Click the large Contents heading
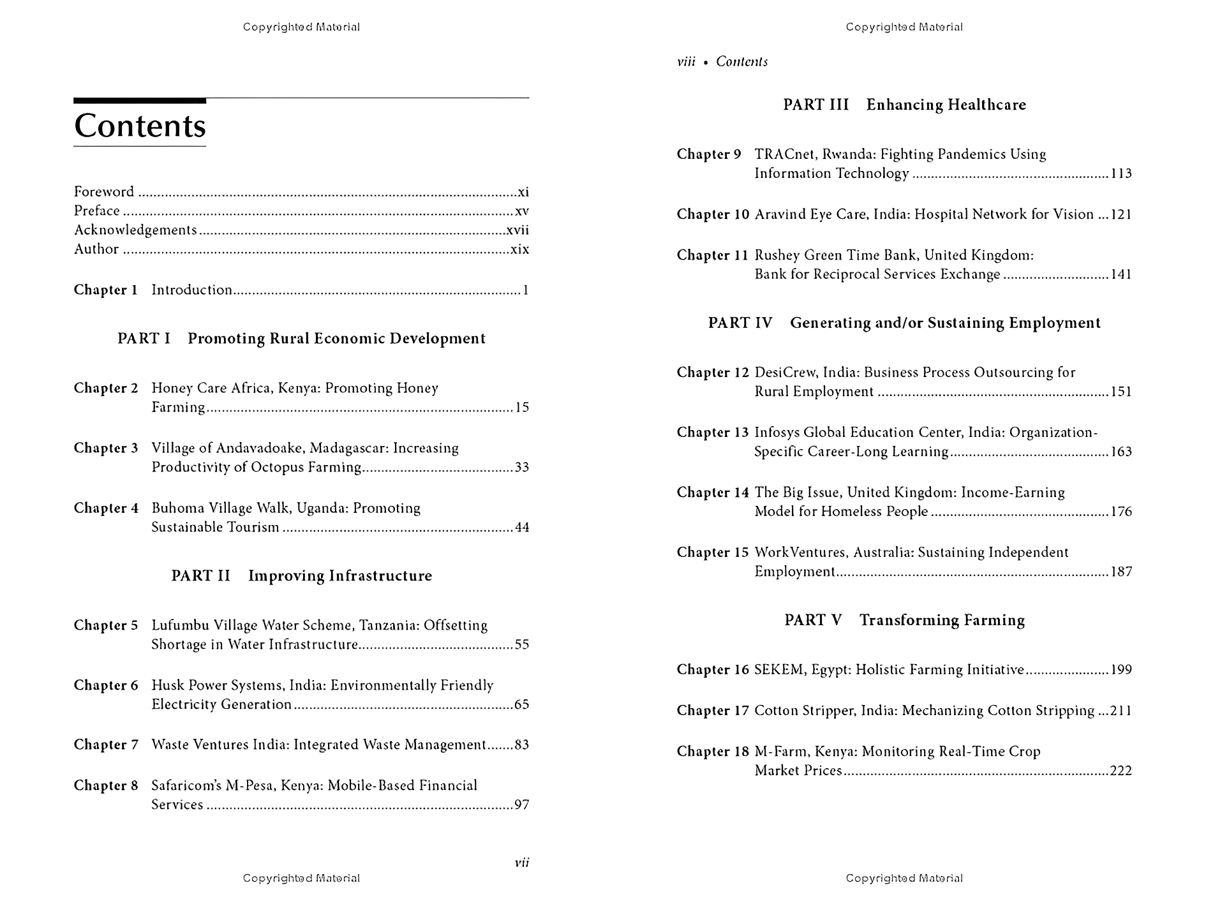coord(140,126)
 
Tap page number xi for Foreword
coord(523,192)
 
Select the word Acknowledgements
coord(135,230)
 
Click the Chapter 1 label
coord(106,290)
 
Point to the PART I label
coord(144,339)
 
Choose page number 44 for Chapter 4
coord(522,528)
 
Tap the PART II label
coord(201,576)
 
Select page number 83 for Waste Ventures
coord(522,745)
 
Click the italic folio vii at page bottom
coord(522,863)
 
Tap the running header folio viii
coord(686,62)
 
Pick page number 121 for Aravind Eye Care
coord(1121,214)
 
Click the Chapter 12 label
coord(713,373)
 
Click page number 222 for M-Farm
coord(1121,771)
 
